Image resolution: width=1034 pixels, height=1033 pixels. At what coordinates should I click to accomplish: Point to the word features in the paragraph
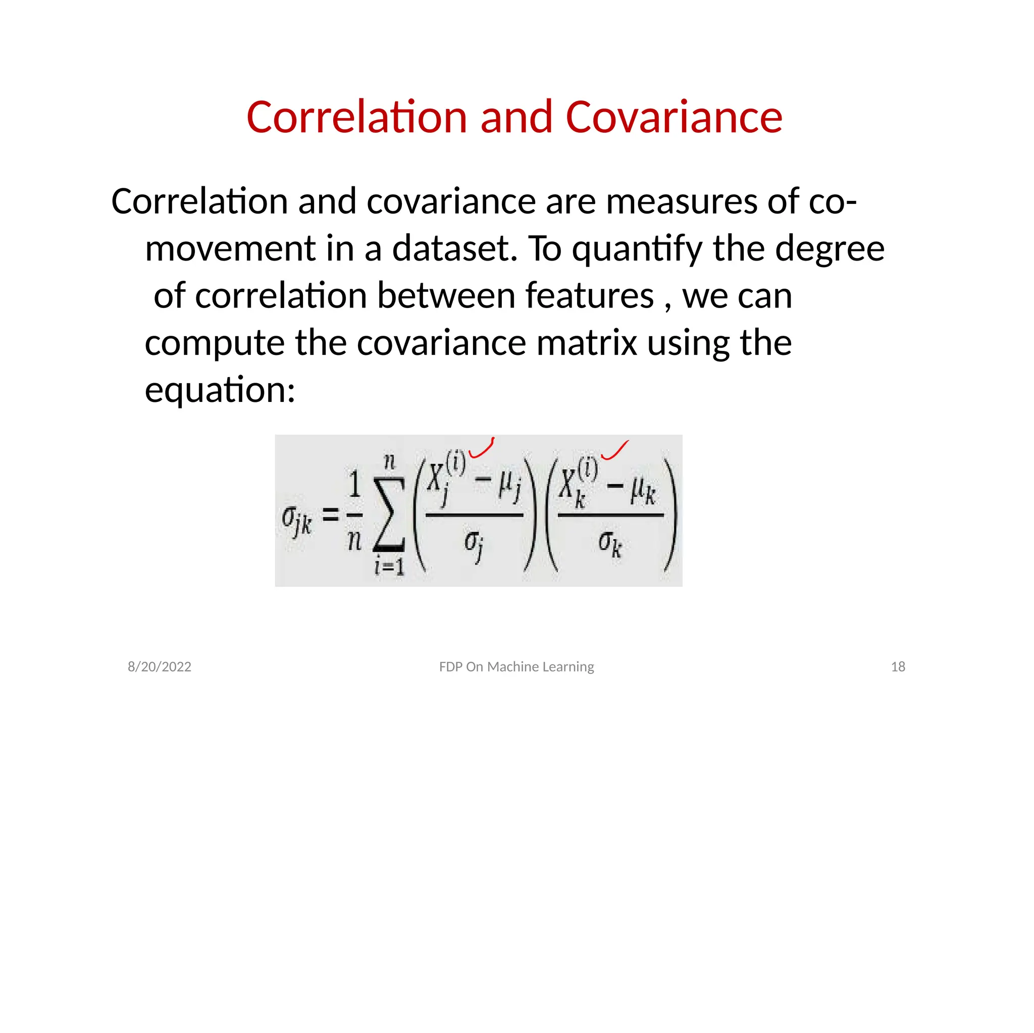pos(589,295)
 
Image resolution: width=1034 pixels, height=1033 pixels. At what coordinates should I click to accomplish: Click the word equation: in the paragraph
pos(220,390)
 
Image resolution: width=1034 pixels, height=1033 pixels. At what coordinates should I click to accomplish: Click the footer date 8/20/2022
pos(160,666)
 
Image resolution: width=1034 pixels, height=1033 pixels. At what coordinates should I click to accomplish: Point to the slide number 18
pos(898,666)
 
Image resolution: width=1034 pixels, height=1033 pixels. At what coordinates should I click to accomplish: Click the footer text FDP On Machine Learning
pos(516,666)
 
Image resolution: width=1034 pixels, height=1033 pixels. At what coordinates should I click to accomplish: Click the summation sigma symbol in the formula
pos(389,514)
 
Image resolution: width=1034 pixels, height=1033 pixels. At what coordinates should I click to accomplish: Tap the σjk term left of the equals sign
pos(296,519)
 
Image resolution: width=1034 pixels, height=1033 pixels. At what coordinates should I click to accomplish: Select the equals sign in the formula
pos(330,515)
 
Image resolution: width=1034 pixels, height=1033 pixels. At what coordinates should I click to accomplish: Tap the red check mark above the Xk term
pos(614,451)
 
